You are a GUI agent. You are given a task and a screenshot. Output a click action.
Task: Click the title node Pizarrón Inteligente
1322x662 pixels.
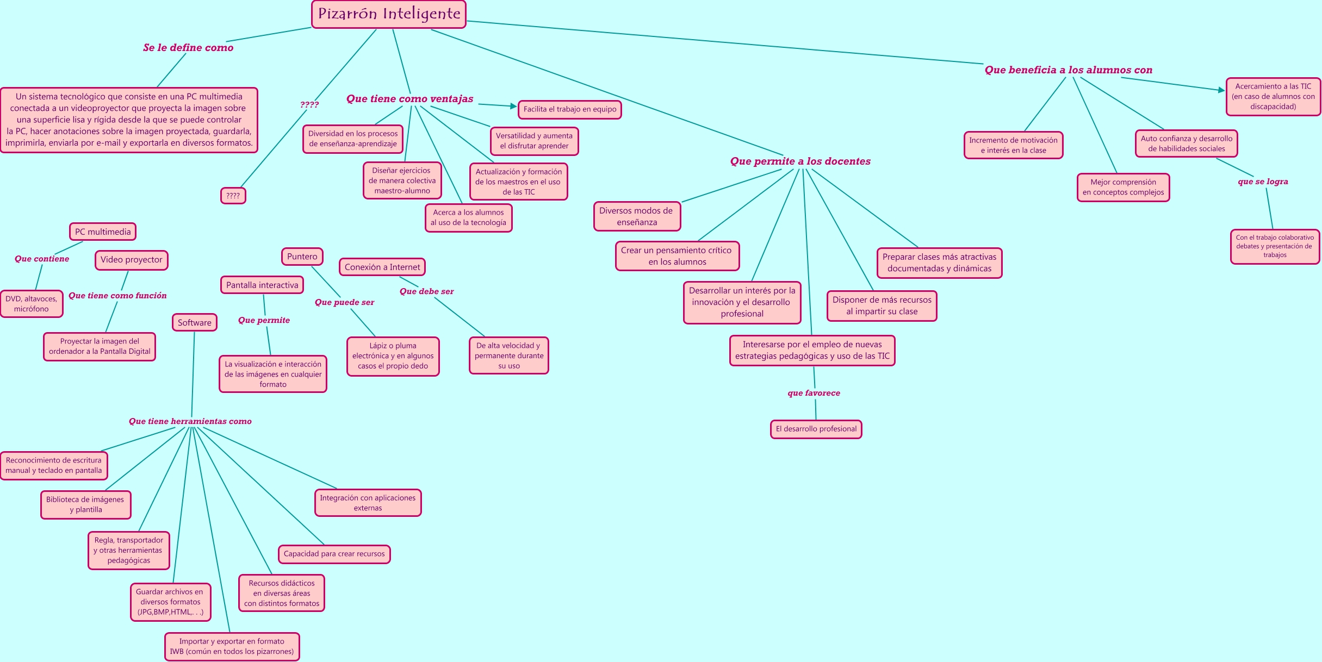click(x=389, y=14)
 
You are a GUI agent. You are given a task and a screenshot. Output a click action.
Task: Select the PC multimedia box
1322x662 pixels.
click(x=103, y=232)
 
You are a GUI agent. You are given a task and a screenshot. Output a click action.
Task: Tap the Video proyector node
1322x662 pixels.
click(x=132, y=260)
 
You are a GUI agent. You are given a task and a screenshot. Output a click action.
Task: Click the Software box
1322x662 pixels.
click(x=195, y=322)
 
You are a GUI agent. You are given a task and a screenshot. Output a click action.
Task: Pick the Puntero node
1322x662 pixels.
click(x=302, y=257)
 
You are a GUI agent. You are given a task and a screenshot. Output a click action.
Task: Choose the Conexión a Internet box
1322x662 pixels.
click(x=382, y=267)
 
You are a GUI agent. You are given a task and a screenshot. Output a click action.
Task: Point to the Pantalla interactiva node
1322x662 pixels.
click(x=262, y=285)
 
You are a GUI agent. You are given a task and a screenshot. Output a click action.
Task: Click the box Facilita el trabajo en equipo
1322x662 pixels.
click(x=570, y=109)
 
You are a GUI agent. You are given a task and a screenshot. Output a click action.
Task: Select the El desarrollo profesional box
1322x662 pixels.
click(x=816, y=429)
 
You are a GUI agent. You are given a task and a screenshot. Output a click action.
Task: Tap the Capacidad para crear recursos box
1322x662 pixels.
click(x=334, y=554)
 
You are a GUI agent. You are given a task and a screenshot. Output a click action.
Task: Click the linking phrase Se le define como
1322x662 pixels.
click(x=188, y=48)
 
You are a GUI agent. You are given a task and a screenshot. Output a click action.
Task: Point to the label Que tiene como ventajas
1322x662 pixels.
click(x=409, y=99)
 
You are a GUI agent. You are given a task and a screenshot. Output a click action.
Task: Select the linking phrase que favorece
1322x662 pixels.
click(x=814, y=393)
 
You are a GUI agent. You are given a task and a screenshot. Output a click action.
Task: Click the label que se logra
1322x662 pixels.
click(x=1263, y=182)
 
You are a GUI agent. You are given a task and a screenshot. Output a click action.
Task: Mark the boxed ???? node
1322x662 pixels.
click(x=233, y=196)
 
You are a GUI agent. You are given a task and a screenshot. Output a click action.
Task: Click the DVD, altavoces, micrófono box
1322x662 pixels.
click(x=32, y=304)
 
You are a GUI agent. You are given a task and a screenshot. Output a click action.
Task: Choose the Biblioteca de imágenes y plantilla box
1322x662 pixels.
click(x=85, y=504)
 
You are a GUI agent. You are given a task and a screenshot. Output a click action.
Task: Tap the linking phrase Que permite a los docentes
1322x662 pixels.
click(x=800, y=161)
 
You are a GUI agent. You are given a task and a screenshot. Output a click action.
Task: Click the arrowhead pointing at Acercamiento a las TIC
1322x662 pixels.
click(x=1221, y=90)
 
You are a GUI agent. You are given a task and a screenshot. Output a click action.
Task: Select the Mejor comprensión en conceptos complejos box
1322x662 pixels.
click(x=1123, y=187)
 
